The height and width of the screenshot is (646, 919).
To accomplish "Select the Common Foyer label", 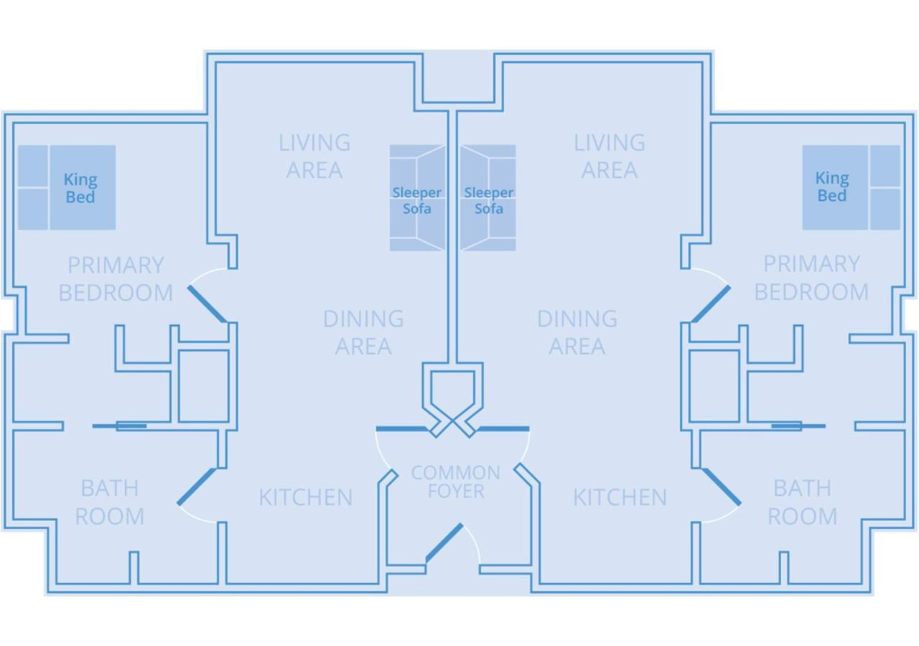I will (455, 482).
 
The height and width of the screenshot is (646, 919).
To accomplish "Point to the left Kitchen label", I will (305, 497).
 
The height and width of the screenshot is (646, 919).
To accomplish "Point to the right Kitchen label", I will (620, 497).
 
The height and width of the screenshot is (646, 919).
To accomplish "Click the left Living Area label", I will (314, 156).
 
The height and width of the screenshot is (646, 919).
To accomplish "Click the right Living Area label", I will (610, 156).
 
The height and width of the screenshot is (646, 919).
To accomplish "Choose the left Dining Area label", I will (363, 332).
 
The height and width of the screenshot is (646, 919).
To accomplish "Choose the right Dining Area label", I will (577, 332).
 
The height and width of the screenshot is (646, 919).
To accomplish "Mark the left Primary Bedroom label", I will (116, 278).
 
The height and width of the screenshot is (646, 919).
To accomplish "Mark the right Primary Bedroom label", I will (811, 278).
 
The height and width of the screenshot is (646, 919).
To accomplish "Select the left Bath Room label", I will (109, 502).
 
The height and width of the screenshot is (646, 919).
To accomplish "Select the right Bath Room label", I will (802, 502).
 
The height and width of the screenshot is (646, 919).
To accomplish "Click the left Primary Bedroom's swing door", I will (207, 304).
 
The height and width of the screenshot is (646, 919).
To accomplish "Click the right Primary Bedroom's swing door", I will (711, 304).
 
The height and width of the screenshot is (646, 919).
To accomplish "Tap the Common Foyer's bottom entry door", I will (444, 543).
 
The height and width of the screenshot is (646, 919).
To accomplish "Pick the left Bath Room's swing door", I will (196, 487).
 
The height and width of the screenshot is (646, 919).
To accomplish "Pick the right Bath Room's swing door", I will (722, 487).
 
